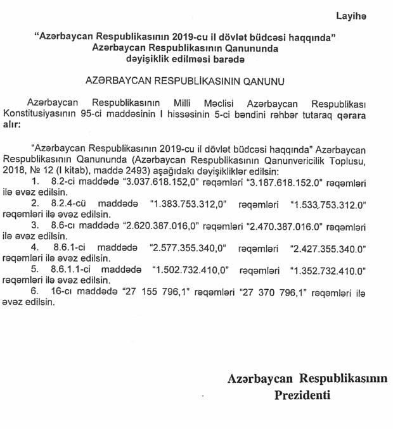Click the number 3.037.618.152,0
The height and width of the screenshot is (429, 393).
(x=150, y=182)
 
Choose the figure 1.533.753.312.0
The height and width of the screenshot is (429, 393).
(x=328, y=204)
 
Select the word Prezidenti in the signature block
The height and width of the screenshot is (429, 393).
(x=302, y=395)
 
